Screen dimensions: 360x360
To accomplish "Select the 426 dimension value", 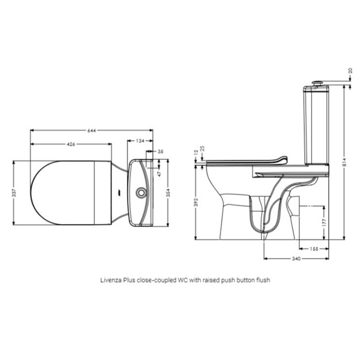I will tap(71, 145).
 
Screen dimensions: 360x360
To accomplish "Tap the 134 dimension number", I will tap(140, 140).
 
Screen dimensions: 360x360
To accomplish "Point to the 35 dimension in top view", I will tap(160, 152).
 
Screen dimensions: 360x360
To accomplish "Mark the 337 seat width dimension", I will tap(15, 192).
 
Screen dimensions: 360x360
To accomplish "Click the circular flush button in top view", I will tap(140, 192).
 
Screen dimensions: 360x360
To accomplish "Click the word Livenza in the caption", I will tap(110, 281).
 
